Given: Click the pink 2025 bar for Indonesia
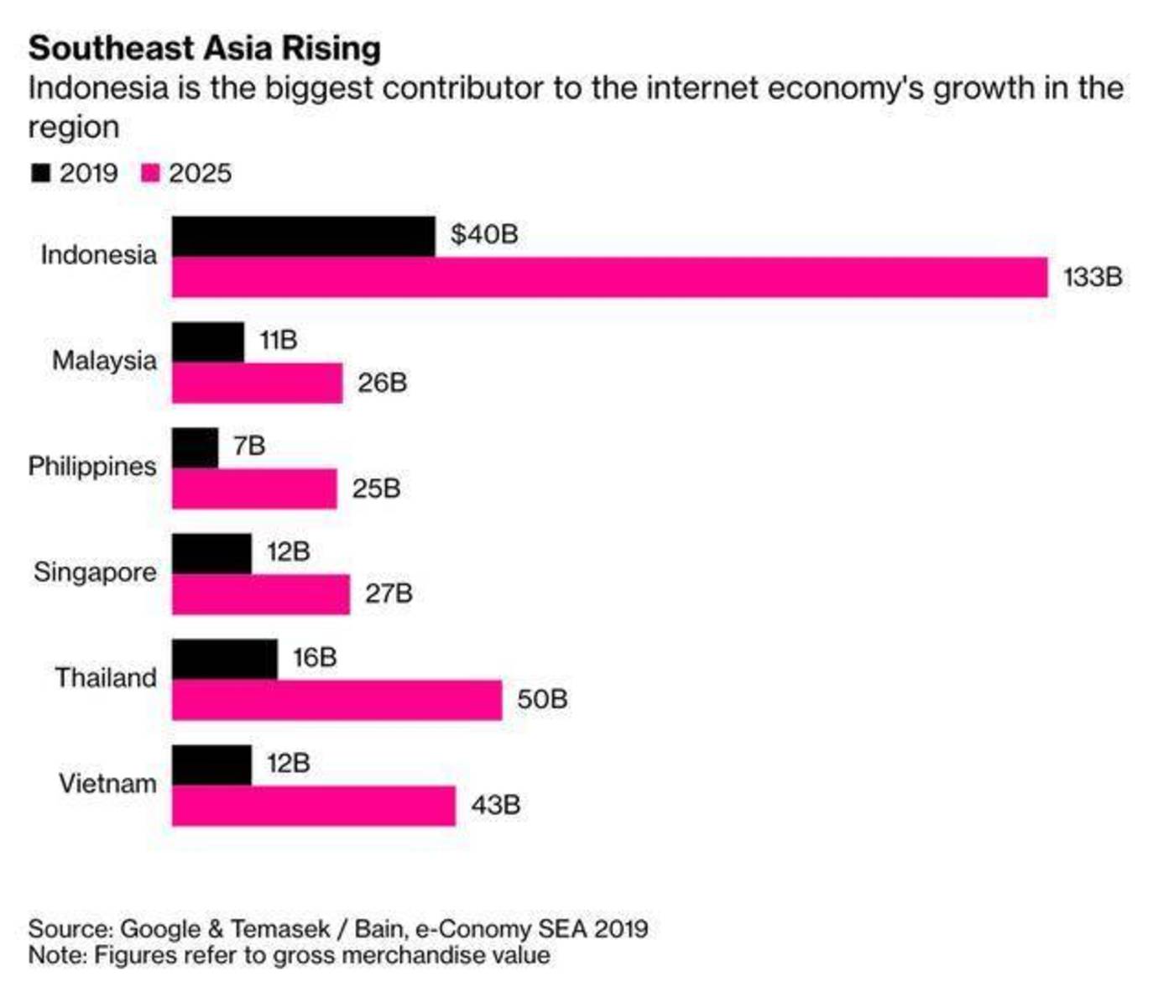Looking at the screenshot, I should coord(609,278).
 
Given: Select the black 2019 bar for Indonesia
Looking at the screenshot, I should coord(303,236).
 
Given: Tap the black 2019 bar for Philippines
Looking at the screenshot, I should coord(195,447).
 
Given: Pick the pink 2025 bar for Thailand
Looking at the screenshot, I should coord(337,700).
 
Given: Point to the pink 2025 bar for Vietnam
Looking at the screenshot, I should coord(313,806).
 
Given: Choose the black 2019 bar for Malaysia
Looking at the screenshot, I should coord(207,342).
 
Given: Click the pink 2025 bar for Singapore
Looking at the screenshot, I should coord(260,594).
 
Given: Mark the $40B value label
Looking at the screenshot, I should coord(484,234).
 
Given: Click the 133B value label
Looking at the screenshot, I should coord(1093,277).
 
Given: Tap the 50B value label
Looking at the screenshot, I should coord(542,699).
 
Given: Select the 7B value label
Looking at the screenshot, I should coord(249,446).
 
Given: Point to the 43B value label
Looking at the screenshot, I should coord(496,805).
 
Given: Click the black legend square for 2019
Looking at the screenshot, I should coord(40,173).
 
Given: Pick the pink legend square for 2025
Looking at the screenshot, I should coord(150,173).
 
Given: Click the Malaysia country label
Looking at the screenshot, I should coord(104,361).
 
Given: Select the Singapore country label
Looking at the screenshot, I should coord(95,572).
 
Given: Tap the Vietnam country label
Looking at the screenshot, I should coord(107,784).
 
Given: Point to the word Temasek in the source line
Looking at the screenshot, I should coord(279,929).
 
